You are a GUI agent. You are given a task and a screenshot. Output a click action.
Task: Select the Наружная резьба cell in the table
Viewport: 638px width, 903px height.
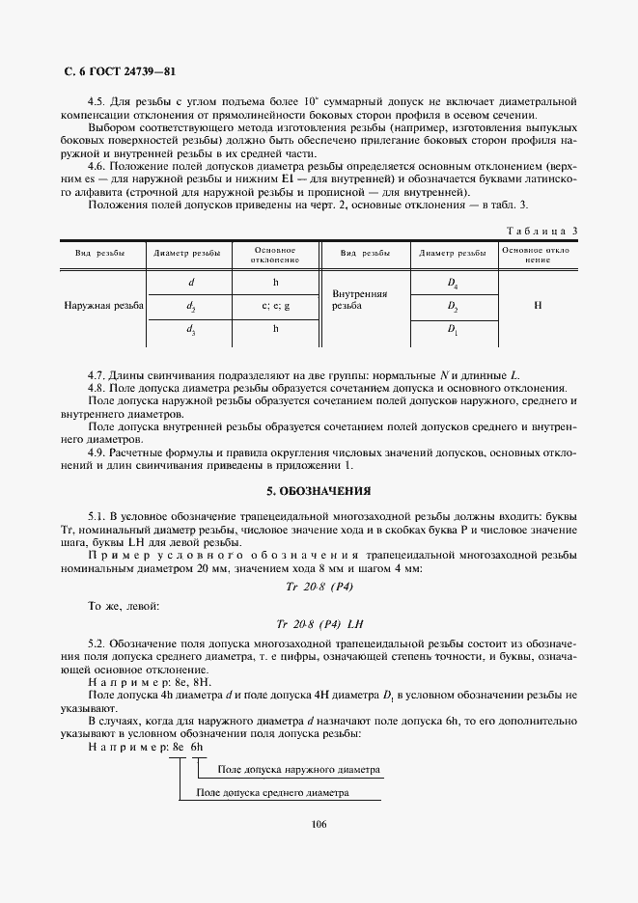point(103,306)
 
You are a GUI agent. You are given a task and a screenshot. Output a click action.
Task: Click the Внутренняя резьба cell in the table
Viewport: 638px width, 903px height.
point(359,299)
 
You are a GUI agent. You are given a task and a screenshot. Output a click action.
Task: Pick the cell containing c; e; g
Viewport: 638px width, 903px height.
point(275,306)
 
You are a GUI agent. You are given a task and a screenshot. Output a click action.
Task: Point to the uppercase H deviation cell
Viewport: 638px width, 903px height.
point(538,305)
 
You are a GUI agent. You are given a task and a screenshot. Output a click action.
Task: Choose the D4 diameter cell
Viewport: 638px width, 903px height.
point(453,284)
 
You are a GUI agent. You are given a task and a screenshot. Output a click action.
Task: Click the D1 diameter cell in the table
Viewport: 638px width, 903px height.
point(453,329)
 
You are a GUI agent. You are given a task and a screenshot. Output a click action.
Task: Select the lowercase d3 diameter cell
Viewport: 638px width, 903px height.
point(191,329)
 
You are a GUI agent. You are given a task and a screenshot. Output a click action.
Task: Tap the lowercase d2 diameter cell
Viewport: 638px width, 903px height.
point(191,306)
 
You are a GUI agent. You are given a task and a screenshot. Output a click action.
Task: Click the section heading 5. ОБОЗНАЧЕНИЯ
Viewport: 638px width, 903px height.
point(319,491)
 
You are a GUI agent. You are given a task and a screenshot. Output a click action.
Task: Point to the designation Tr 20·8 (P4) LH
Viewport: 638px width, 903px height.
point(319,623)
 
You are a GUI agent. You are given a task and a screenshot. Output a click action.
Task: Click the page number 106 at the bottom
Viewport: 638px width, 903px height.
point(319,823)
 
